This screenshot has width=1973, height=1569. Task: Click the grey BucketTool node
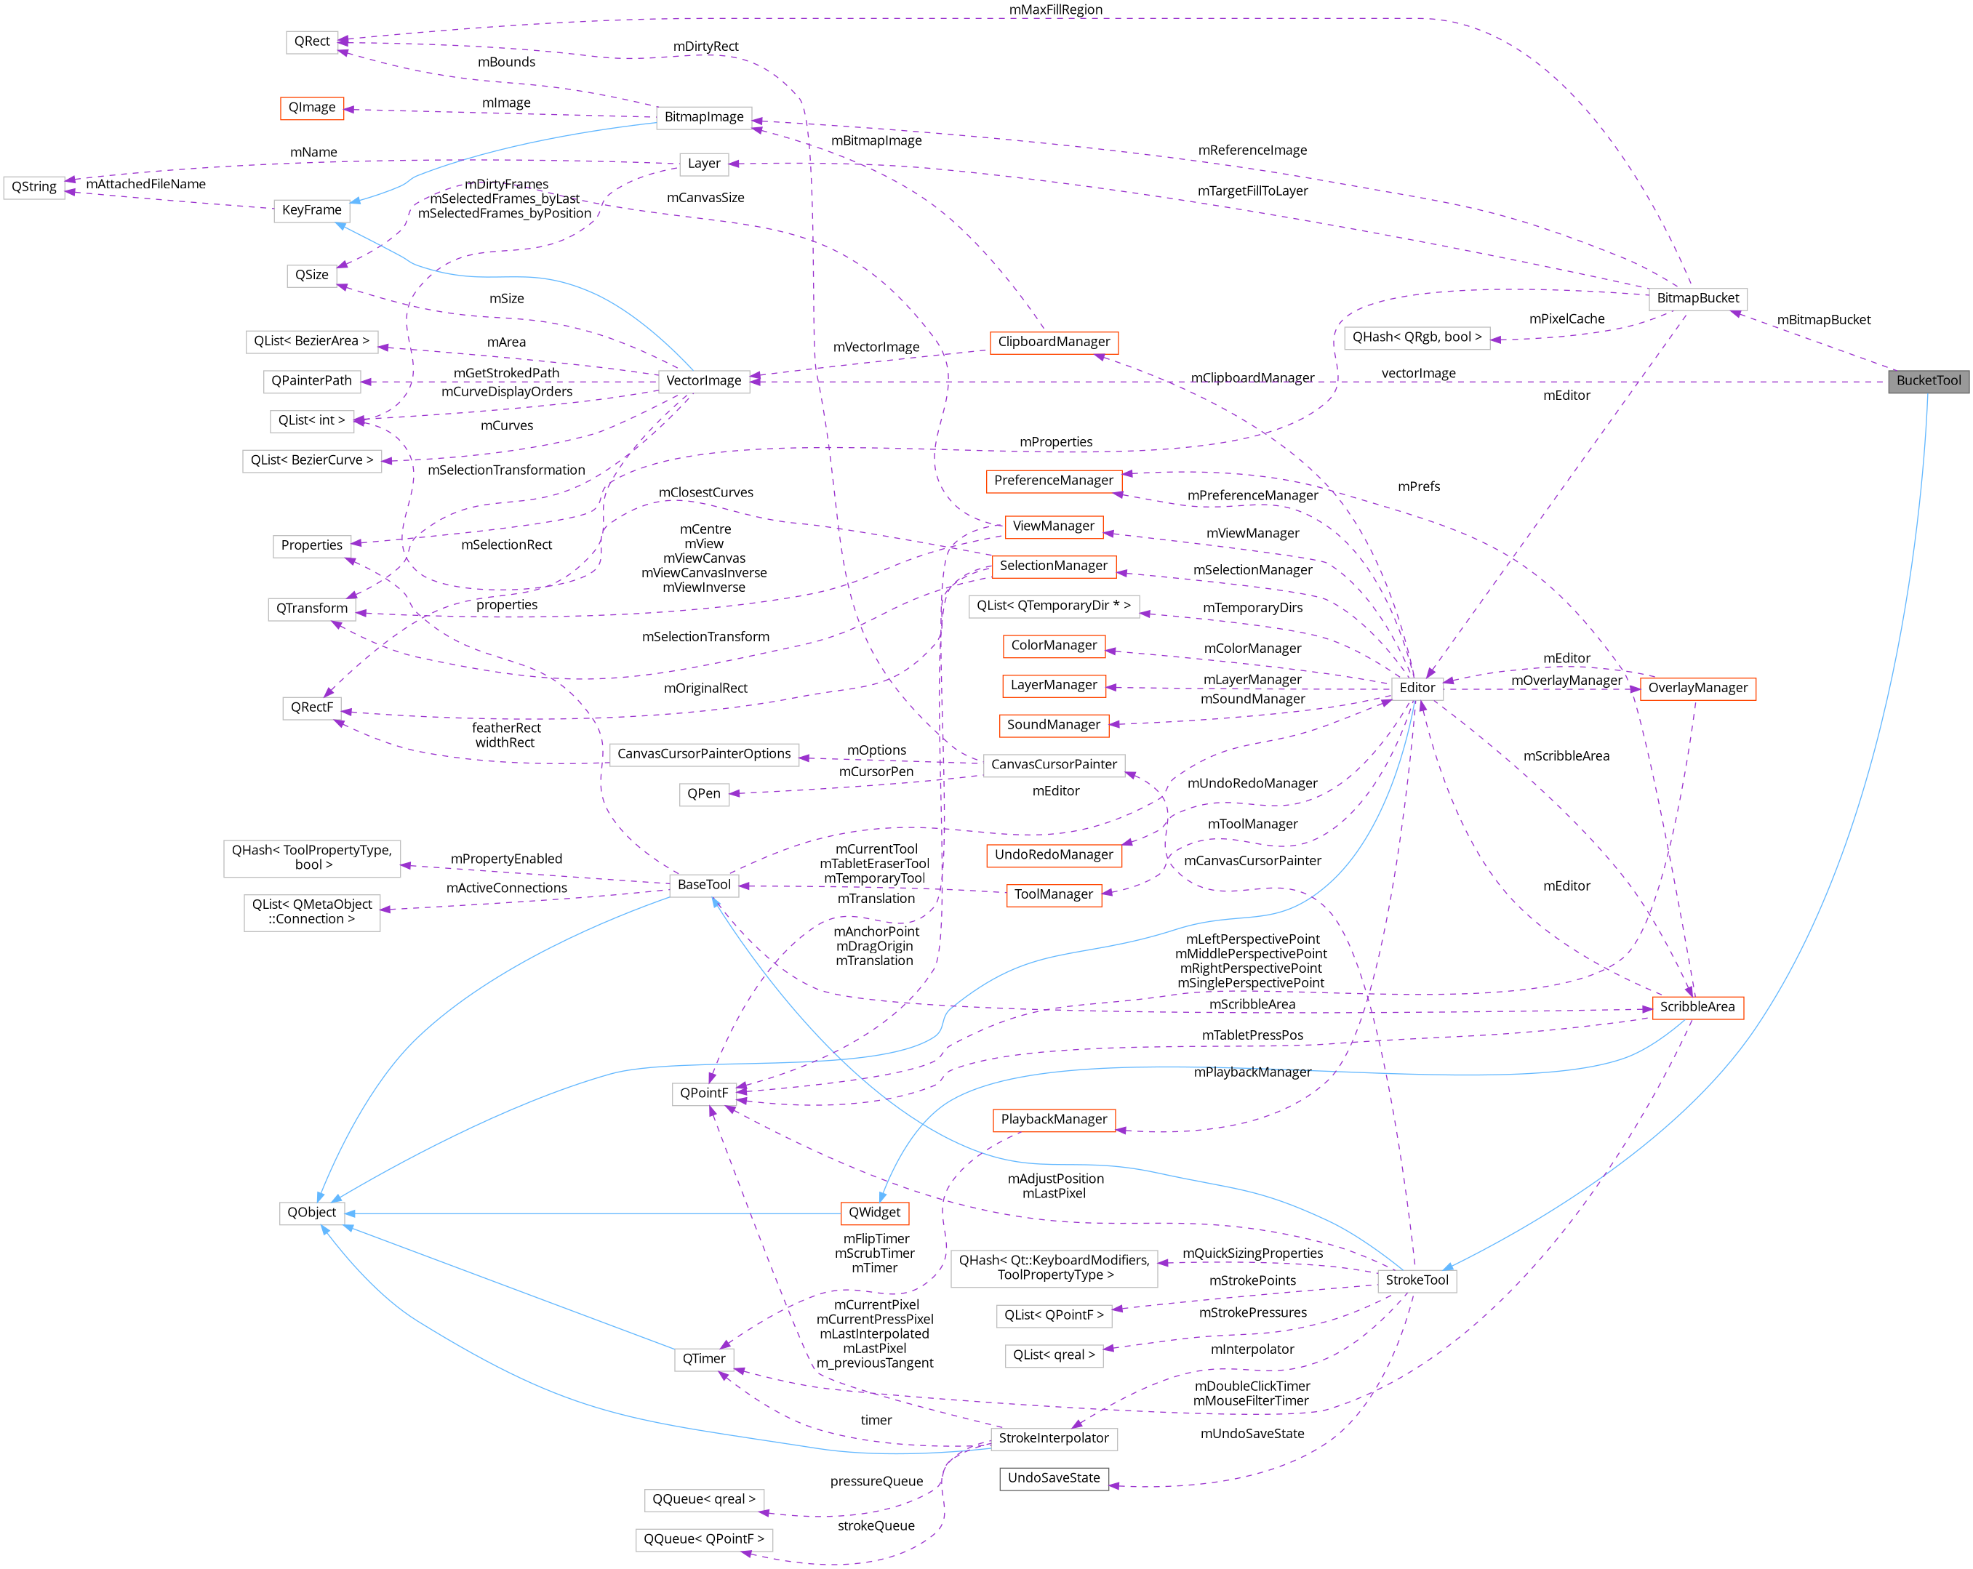pos(1928,380)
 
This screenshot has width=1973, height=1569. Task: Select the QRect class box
pos(312,42)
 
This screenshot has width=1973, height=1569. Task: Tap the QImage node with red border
pos(312,108)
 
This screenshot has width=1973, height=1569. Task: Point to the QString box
pos(34,187)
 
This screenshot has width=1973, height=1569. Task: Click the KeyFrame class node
pos(311,210)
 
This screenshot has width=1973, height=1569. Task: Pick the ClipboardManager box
pos(1053,342)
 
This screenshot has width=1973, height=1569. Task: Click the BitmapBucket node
pos(1697,298)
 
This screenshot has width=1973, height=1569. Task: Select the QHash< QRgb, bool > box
pos(1417,337)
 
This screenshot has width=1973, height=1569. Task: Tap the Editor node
pos(1417,688)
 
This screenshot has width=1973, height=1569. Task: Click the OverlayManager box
pos(1697,688)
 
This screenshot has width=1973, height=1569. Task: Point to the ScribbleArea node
pos(1697,1007)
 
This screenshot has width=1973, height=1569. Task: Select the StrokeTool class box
pos(1417,1280)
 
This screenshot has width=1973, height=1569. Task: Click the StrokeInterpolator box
pos(1053,1438)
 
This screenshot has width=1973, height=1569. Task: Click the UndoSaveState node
pos(1053,1477)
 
